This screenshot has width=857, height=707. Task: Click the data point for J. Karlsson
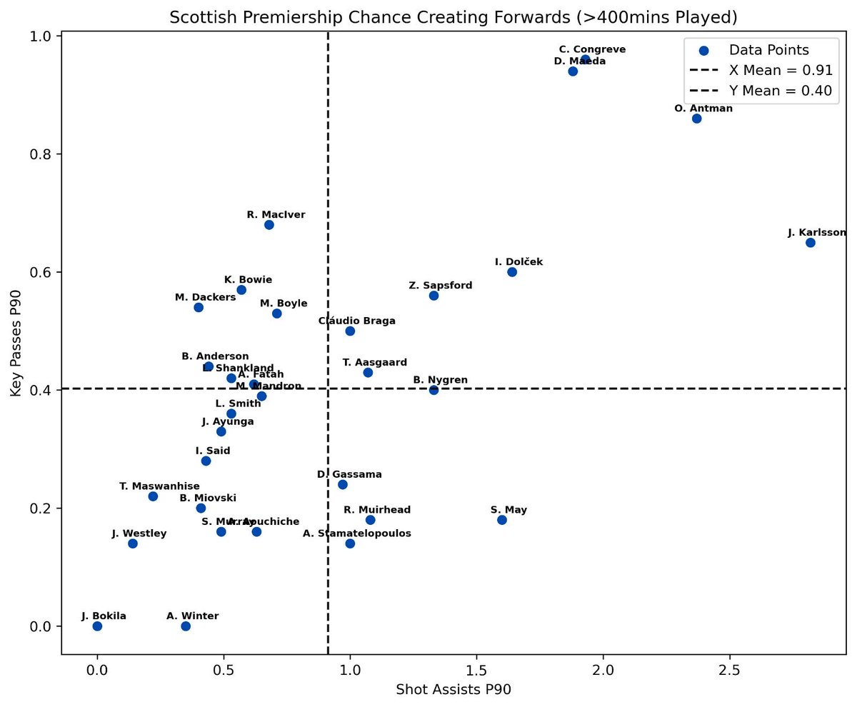tap(810, 243)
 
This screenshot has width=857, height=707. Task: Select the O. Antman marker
tap(696, 119)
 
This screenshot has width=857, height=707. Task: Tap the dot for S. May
tap(501, 520)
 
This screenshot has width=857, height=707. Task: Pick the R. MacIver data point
tap(269, 225)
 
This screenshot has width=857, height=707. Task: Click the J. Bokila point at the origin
tap(97, 626)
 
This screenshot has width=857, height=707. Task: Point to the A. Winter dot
tap(186, 626)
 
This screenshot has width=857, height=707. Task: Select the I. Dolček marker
tap(511, 272)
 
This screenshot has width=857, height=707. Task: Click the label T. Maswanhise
tap(159, 486)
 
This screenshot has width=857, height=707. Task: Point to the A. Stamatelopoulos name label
tap(357, 533)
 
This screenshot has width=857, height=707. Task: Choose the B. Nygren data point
tap(433, 390)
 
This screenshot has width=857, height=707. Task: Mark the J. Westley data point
tap(132, 543)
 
